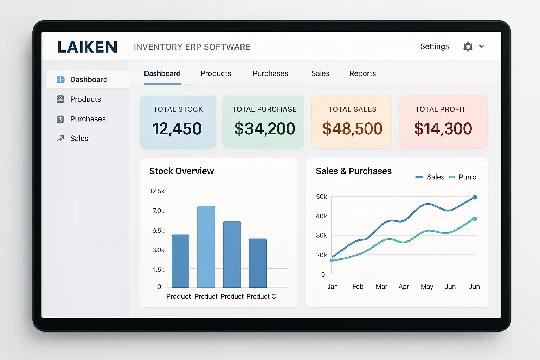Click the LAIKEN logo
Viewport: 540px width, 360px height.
click(88, 47)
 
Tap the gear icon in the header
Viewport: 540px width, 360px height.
click(468, 46)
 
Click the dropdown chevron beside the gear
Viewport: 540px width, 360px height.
click(482, 46)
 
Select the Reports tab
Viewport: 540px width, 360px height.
click(362, 73)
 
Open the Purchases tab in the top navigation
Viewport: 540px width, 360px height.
click(270, 73)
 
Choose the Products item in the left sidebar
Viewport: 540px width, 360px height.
click(85, 99)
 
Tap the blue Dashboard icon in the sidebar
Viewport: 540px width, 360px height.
click(60, 79)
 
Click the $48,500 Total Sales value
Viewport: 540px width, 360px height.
click(352, 129)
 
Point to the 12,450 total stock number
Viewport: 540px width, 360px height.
click(177, 129)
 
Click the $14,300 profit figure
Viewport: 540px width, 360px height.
click(443, 129)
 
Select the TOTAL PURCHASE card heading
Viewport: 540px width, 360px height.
click(264, 109)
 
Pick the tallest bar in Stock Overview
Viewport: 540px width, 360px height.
click(206, 246)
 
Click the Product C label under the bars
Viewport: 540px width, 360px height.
click(261, 296)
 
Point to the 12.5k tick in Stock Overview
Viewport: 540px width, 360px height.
click(157, 191)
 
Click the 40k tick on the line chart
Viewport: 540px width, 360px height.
click(321, 216)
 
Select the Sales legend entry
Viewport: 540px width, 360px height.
click(435, 177)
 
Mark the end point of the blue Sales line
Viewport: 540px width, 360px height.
click(475, 197)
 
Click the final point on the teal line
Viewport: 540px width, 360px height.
click(475, 219)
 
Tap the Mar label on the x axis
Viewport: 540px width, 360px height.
click(381, 287)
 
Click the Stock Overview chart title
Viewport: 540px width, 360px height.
click(181, 171)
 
